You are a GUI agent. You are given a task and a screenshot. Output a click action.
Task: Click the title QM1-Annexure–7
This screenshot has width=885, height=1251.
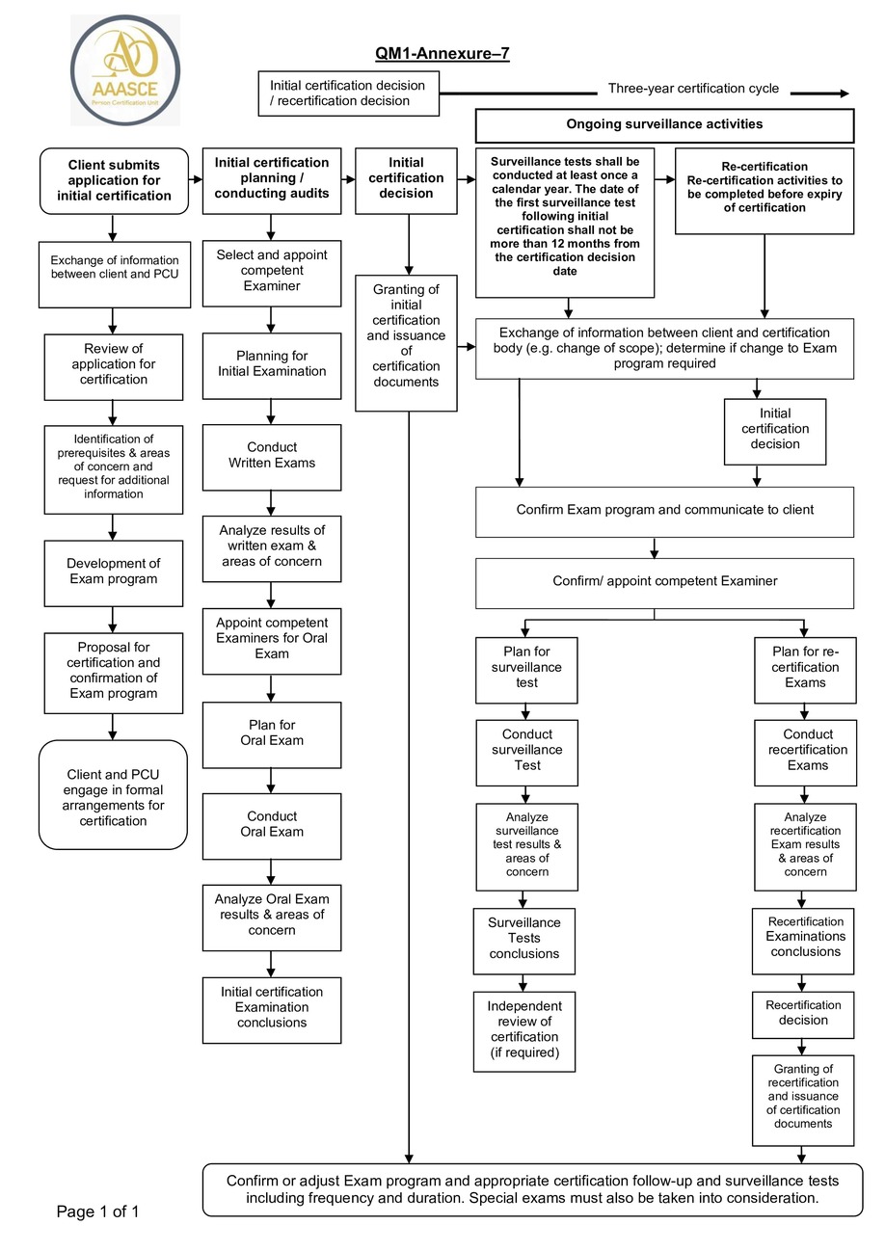pyautogui.click(x=442, y=54)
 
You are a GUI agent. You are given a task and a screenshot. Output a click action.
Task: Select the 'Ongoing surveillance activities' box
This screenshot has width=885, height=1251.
pyautogui.click(x=664, y=125)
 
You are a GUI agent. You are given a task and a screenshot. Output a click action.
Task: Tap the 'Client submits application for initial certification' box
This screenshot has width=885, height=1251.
pyautogui.click(x=114, y=180)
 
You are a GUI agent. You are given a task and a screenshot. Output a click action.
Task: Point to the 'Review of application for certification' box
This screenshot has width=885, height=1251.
pyautogui.click(x=114, y=364)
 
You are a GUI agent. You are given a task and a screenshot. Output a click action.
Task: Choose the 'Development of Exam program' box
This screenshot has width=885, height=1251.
pyautogui.click(x=114, y=572)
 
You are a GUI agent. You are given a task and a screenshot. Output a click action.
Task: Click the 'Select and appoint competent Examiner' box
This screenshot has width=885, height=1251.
pyautogui.click(x=272, y=271)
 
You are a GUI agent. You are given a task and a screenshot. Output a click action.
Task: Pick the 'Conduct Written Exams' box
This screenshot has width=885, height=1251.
pyautogui.click(x=272, y=455)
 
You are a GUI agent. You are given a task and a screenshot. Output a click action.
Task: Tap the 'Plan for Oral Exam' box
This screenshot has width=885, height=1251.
pyautogui.click(x=272, y=733)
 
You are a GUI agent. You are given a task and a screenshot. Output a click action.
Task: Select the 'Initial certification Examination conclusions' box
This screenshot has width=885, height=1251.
pyautogui.click(x=272, y=1007)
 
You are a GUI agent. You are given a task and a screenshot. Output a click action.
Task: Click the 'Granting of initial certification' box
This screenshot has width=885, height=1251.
pyautogui.click(x=406, y=342)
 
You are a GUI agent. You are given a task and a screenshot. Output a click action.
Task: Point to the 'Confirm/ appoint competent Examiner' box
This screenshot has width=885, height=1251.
pyautogui.click(x=664, y=581)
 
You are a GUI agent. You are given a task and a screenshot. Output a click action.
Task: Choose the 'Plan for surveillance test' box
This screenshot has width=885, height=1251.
pyautogui.click(x=526, y=668)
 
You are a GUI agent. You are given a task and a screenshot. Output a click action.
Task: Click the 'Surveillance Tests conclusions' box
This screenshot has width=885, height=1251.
pyautogui.click(x=523, y=939)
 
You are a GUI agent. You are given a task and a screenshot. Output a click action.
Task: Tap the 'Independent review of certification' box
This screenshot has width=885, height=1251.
pyautogui.click(x=523, y=1029)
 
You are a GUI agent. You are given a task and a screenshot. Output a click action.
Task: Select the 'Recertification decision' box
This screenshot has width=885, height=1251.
pyautogui.click(x=803, y=1013)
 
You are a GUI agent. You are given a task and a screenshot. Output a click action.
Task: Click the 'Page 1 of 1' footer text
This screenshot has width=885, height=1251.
pyautogui.click(x=98, y=1211)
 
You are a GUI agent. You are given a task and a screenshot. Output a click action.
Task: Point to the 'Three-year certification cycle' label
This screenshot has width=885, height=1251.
pyautogui.click(x=693, y=90)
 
